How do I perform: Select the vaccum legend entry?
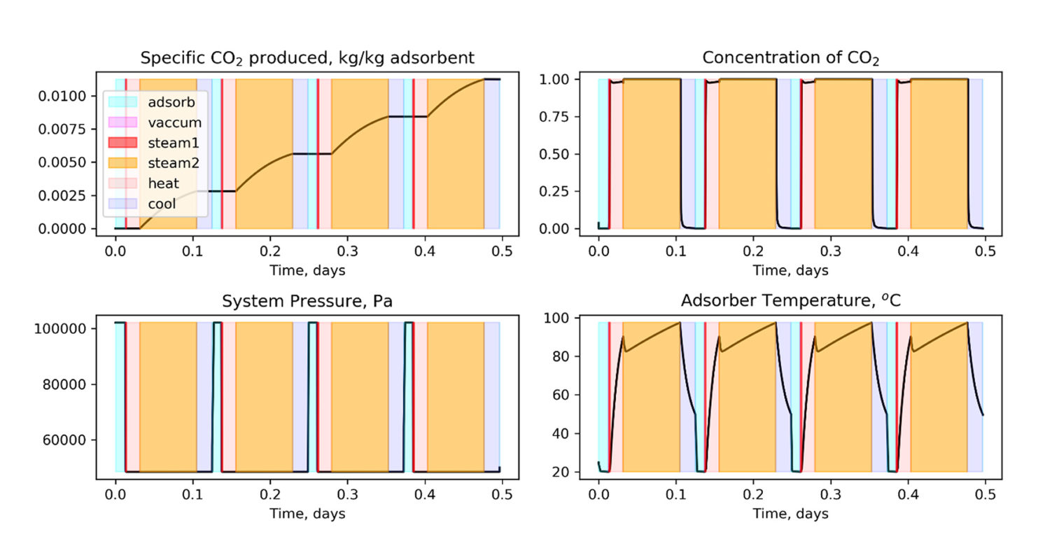click(174, 122)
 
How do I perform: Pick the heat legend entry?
click(163, 183)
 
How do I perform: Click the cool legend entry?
click(162, 204)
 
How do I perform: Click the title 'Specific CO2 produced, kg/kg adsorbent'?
click(308, 58)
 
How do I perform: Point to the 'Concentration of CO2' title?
click(790, 58)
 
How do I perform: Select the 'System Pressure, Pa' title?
click(308, 302)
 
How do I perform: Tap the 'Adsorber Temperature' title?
click(790, 302)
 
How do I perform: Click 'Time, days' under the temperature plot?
click(790, 514)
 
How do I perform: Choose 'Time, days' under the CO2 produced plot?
click(308, 269)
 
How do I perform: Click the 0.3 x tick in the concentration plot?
click(830, 251)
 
